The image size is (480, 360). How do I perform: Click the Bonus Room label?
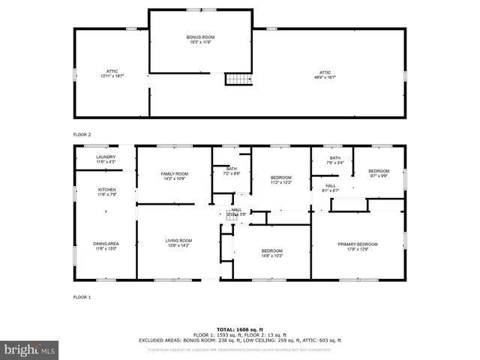click(200, 40)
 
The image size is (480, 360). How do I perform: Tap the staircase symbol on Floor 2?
click(238, 79)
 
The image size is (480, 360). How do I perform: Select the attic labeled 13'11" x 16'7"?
click(112, 73)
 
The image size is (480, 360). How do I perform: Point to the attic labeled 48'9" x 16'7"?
click(323, 73)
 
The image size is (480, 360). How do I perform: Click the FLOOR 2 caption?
click(82, 134)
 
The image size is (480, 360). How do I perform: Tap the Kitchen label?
click(107, 193)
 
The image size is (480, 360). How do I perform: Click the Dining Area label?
click(104, 246)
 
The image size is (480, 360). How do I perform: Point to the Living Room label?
click(178, 243)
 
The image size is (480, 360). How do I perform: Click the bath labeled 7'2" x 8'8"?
click(232, 171)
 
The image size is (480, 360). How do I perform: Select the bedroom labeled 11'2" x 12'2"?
click(280, 180)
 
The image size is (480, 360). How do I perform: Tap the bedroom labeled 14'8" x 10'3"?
click(271, 253)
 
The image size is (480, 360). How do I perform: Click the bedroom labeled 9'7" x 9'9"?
click(378, 173)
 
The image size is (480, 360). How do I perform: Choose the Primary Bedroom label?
click(357, 247)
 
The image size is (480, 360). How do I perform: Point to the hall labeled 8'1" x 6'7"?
click(330, 188)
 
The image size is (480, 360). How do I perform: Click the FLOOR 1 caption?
click(82, 298)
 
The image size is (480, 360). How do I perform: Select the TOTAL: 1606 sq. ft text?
click(240, 329)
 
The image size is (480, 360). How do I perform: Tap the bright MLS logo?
click(30, 349)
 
